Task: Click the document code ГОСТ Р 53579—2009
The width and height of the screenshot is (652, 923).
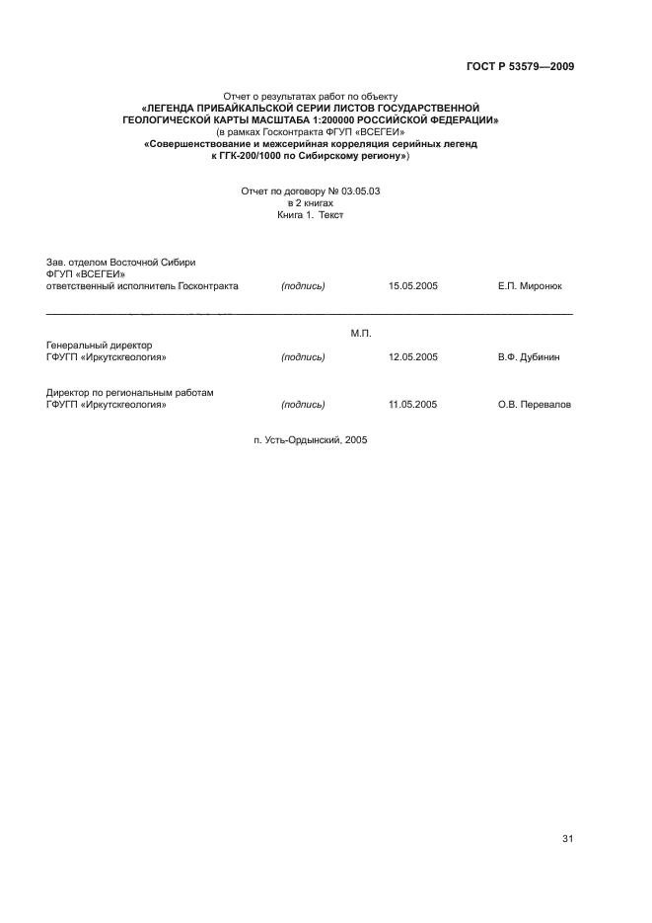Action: tap(519, 66)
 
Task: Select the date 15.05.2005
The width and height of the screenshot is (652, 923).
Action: tap(413, 286)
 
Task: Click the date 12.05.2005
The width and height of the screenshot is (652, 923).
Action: tap(413, 357)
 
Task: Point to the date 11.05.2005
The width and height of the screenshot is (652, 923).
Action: tap(413, 405)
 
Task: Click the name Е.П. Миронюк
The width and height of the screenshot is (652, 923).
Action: tap(531, 286)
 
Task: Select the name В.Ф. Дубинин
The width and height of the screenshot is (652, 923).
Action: tap(529, 357)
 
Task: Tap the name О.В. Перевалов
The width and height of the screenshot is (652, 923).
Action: tap(535, 405)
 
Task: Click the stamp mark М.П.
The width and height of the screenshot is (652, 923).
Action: tap(360, 333)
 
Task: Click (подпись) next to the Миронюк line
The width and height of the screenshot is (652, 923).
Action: tap(303, 286)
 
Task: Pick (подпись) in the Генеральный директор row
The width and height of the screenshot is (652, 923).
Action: tap(303, 357)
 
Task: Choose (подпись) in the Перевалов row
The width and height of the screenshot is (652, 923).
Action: tap(303, 405)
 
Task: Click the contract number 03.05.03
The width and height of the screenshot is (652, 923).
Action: tap(359, 192)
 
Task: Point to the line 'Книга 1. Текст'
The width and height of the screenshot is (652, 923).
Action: tap(311, 213)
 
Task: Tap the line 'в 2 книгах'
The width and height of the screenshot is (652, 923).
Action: tap(311, 202)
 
